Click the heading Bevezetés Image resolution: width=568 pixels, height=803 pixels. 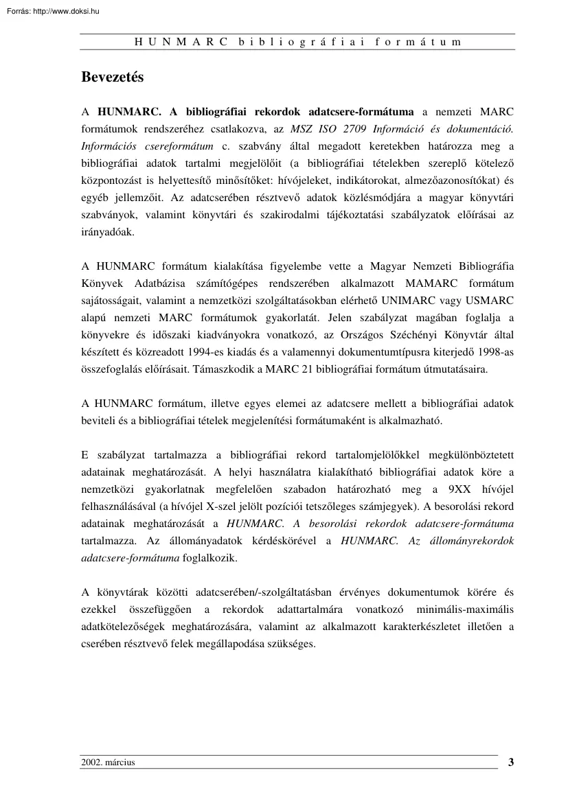point(113,78)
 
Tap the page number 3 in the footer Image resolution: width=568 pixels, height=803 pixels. point(510,761)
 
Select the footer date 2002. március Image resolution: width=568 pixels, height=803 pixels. point(108,762)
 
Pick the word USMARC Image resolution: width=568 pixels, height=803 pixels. point(488,301)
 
